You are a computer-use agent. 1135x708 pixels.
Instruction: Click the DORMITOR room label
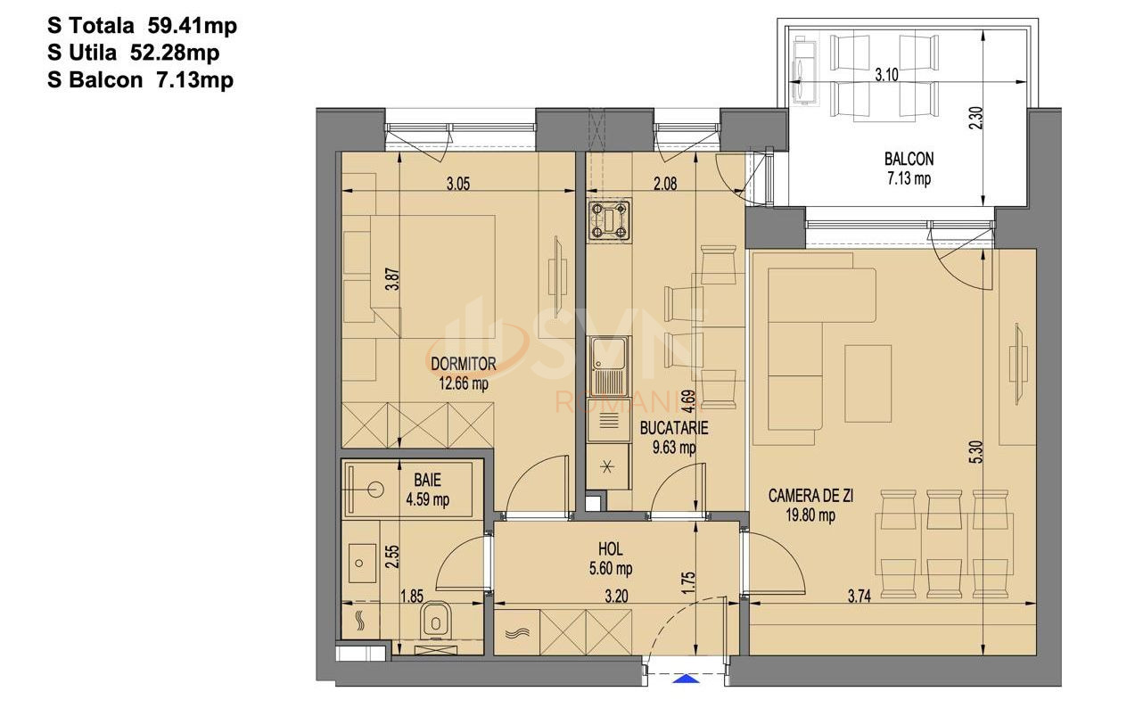click(463, 364)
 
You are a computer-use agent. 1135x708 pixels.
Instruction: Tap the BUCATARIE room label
click(674, 428)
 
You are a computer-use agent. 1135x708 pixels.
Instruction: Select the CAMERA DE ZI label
click(810, 496)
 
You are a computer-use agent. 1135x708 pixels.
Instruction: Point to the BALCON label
click(909, 160)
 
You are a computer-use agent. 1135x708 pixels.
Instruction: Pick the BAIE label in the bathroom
click(427, 481)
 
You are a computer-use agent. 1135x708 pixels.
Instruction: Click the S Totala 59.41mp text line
click(143, 27)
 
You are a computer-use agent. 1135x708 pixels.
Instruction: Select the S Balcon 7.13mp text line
click(141, 80)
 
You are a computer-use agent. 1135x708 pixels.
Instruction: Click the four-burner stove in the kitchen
click(608, 221)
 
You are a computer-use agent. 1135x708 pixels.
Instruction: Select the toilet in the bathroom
click(434, 617)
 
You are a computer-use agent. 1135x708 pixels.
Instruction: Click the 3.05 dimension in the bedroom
click(456, 185)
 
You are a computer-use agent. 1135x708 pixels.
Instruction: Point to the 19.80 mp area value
click(810, 515)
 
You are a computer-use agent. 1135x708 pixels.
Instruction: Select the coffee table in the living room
click(868, 383)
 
